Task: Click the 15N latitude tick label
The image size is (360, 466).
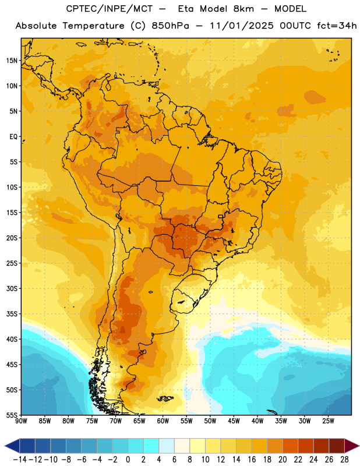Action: click(12, 61)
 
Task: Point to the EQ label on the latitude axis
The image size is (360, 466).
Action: click(13, 137)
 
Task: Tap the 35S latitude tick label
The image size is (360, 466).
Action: click(12, 314)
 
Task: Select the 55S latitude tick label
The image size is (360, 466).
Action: click(12, 415)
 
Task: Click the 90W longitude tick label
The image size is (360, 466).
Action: click(21, 421)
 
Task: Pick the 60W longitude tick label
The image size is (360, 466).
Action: click(163, 421)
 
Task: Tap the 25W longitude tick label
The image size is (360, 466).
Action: click(328, 421)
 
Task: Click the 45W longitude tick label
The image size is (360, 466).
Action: click(234, 421)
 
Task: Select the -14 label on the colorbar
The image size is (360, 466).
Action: click(20, 460)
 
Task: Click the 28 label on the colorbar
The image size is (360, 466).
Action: click(344, 460)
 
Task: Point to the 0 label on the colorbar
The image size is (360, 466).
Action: click(128, 460)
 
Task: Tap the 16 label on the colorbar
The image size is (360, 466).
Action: click(252, 460)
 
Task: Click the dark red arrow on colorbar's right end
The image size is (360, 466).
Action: click(351, 446)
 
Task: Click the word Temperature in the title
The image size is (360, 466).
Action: click(93, 26)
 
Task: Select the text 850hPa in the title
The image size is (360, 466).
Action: click(170, 26)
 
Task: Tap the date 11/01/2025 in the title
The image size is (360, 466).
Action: click(242, 26)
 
